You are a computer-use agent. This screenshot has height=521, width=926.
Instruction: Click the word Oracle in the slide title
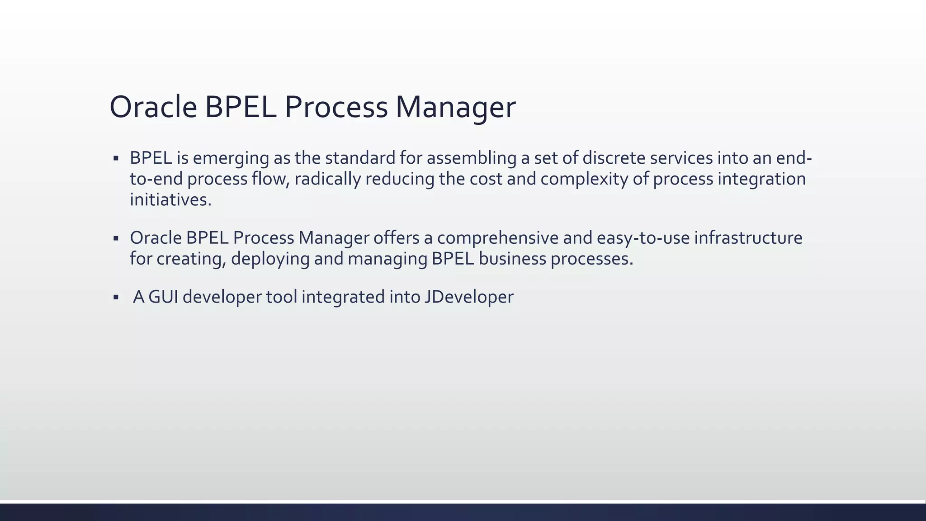pos(153,107)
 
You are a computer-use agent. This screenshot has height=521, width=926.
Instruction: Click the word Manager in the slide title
pos(455,107)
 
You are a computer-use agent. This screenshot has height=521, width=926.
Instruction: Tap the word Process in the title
pos(335,107)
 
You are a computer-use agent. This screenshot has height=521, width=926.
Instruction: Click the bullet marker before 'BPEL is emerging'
pos(116,158)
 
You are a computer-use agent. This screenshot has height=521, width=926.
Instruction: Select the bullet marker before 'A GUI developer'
pos(116,298)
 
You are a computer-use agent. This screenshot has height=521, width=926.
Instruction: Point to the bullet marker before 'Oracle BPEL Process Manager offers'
pos(116,238)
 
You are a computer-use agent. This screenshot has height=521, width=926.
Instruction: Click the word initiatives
pos(170,199)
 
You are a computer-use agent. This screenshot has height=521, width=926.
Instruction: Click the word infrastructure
pos(748,238)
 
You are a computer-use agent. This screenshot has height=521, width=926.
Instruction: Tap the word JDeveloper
pos(469,297)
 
